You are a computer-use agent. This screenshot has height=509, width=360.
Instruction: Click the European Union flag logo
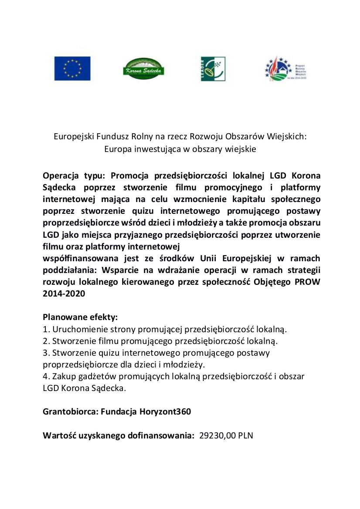pos(72,69)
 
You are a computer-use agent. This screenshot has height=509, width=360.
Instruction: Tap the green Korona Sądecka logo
pos(143,69)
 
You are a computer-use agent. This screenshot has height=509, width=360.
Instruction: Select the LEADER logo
pos(213,69)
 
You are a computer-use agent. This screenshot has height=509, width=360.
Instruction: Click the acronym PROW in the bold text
pos(308,282)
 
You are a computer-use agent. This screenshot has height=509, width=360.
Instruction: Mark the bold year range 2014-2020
pos(64,294)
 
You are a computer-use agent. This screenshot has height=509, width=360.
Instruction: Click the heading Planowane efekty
pos(81,317)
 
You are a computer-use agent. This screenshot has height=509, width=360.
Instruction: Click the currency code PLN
pos(245,435)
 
